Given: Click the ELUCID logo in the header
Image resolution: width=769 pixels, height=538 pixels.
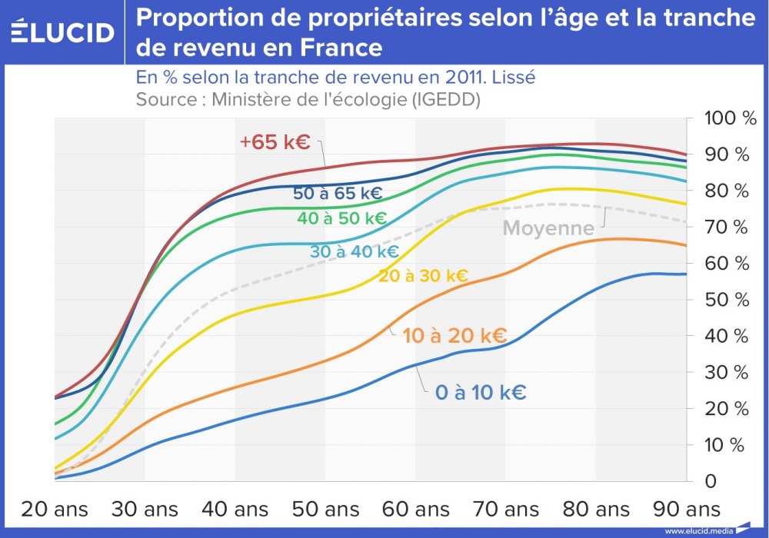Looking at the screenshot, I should pos(62,32).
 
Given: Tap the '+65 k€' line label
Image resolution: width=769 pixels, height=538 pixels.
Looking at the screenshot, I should pos(275,142).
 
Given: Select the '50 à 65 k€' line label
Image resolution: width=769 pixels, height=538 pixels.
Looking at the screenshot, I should pos(338,194).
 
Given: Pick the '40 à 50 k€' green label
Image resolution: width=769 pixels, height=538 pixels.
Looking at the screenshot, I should pos(341,218).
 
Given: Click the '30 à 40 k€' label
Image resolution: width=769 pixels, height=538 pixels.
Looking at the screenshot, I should pos(355,251).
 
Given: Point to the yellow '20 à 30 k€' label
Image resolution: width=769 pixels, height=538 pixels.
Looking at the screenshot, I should pos(423,276).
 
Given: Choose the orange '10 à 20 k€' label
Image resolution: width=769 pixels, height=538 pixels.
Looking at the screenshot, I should pos(454,336).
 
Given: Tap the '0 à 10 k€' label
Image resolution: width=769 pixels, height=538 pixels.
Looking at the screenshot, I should pos(481,393).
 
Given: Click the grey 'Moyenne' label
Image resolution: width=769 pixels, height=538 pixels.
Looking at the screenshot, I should pos(548,228).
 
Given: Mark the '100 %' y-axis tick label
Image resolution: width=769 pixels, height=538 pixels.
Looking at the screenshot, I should pos(731,118).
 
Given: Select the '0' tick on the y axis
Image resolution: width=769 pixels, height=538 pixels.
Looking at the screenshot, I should pos(711,481).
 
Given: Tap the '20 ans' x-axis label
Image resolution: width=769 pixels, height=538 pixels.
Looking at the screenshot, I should pos(54,509).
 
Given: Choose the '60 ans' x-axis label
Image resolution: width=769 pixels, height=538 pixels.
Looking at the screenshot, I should pos(415,509).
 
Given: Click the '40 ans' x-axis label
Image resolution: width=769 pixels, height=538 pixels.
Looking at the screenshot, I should pos(235,509).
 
